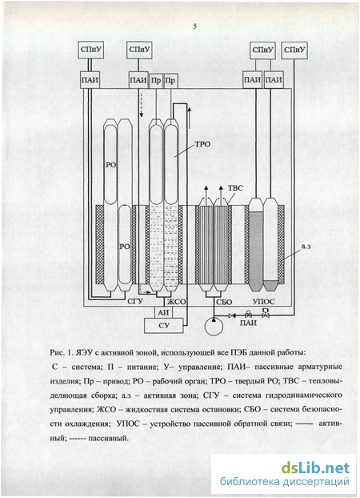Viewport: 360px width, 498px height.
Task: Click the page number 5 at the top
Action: pos(195,26)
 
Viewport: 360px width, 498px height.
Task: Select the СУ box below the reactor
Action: pos(164,326)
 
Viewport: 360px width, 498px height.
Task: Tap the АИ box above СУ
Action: pos(163,312)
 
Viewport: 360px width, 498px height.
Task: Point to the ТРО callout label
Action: pos(202,144)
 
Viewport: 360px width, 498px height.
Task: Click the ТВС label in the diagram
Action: pos(235,188)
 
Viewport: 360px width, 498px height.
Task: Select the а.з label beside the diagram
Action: pos(306,246)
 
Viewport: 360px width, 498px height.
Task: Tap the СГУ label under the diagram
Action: pos(135,301)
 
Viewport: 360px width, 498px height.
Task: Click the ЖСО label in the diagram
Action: pos(177,302)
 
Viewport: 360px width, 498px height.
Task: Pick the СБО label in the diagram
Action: pos(224,302)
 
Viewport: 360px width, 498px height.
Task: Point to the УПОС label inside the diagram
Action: pos(263,301)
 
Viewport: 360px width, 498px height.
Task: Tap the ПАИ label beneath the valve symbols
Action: pos(248,323)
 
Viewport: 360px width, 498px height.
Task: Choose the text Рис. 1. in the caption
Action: pos(60,353)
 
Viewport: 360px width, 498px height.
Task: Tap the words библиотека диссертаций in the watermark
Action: pos(285,482)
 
